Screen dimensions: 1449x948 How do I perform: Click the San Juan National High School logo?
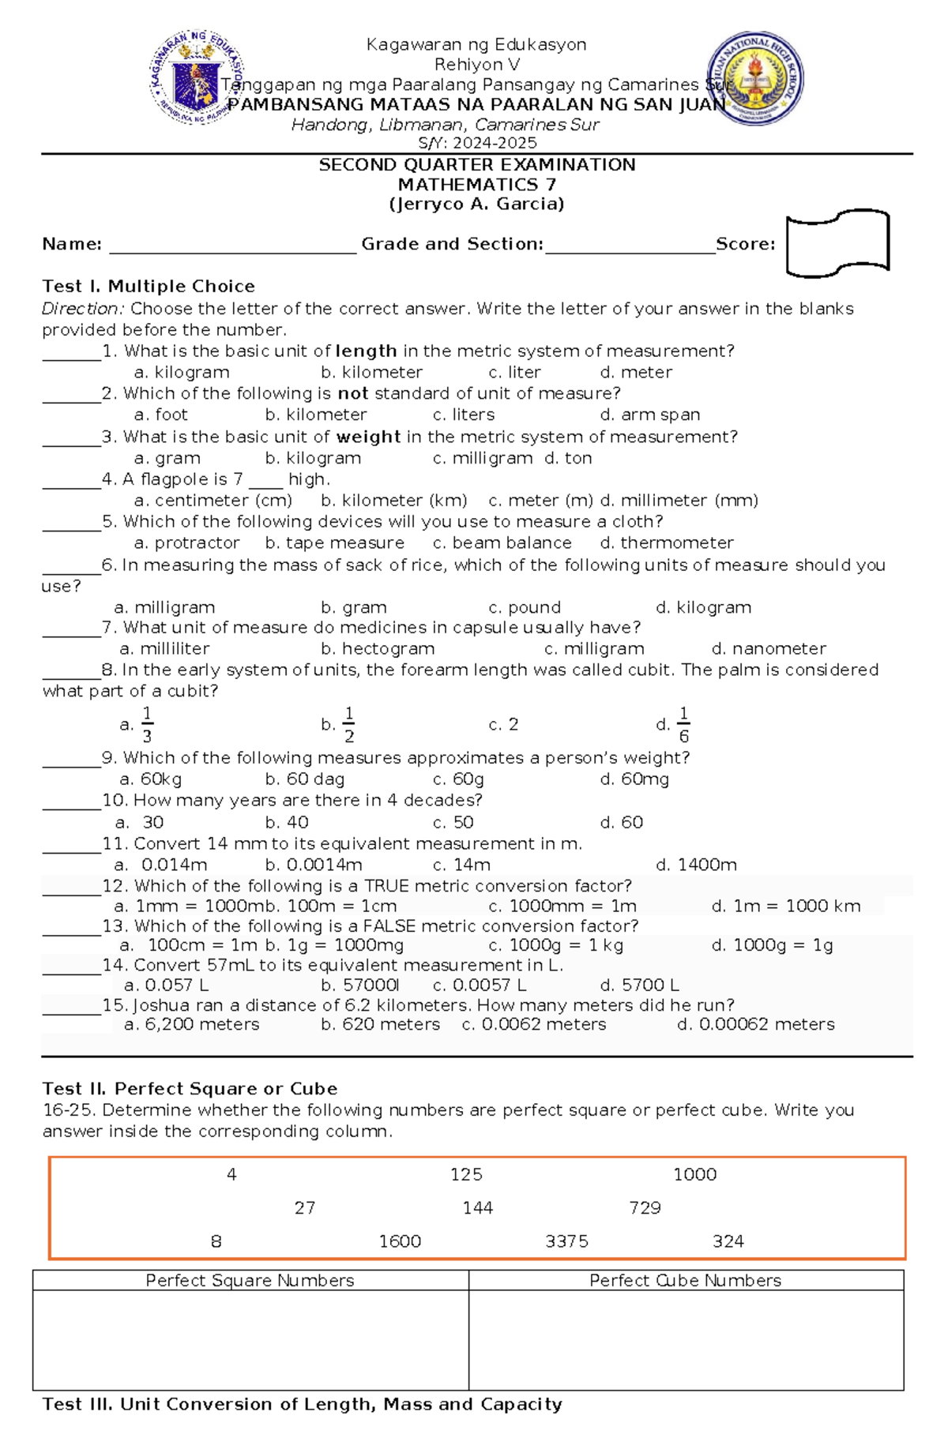[755, 79]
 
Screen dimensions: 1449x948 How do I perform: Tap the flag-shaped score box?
[837, 244]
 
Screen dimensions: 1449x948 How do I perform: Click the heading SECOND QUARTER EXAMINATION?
[476, 165]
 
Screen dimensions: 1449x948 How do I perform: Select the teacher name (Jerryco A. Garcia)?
[476, 205]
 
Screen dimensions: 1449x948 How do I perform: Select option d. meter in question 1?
[636, 373]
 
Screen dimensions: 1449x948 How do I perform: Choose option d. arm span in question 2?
[649, 415]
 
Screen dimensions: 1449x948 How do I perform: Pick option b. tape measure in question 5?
[334, 543]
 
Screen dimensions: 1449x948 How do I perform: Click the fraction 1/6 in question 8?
[683, 725]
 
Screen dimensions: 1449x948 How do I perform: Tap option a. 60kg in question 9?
[150, 779]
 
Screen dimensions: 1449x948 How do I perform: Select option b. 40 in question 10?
[287, 822]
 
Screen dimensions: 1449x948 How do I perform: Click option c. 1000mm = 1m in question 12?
[562, 907]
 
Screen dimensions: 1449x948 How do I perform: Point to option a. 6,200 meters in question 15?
[192, 1024]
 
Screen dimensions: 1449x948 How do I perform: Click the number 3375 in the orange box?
[566, 1241]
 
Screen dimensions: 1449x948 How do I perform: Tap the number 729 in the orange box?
[645, 1208]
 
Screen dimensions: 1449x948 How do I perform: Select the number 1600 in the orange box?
[400, 1241]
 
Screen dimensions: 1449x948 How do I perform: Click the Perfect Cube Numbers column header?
[685, 1281]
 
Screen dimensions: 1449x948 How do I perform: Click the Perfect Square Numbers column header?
[250, 1281]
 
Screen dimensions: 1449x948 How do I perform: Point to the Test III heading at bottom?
[302, 1404]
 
